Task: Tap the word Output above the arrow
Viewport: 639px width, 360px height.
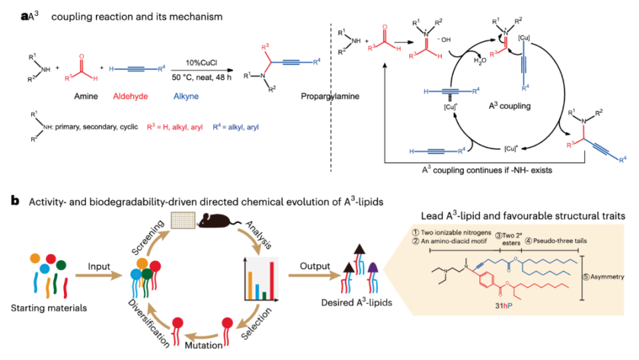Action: click(309, 266)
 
